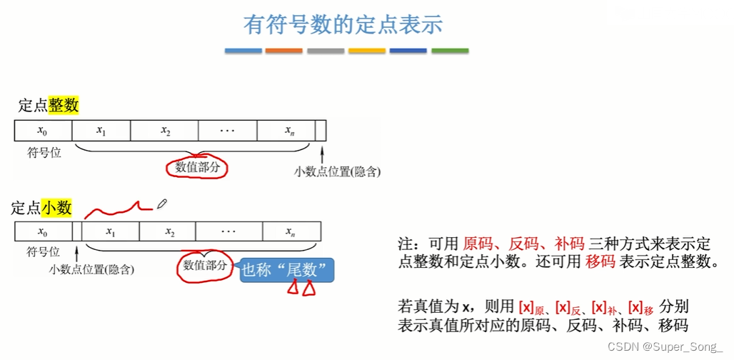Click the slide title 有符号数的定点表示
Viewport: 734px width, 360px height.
pyautogui.click(x=343, y=25)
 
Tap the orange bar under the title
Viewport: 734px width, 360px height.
pyautogui.click(x=283, y=51)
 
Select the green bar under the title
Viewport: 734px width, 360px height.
pyautogui.click(x=450, y=51)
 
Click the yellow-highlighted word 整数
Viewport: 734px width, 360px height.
pyautogui.click(x=64, y=106)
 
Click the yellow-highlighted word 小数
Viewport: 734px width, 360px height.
pyautogui.click(x=56, y=208)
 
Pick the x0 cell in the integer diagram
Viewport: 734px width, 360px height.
pyautogui.click(x=43, y=131)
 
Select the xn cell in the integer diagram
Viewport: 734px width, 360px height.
pyautogui.click(x=289, y=131)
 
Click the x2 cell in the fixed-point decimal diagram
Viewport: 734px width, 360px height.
pyautogui.click(x=170, y=232)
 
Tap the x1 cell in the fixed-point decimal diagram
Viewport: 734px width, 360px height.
pyautogui.click(x=111, y=232)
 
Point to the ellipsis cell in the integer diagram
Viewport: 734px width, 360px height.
pyautogui.click(x=228, y=131)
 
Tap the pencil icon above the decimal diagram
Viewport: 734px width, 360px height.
pyautogui.click(x=161, y=204)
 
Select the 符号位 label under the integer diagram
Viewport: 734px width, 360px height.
pyautogui.click(x=44, y=153)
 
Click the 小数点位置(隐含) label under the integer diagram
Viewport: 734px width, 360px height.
pyautogui.click(x=337, y=171)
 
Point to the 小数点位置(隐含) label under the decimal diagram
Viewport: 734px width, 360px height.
pyautogui.click(x=91, y=269)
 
